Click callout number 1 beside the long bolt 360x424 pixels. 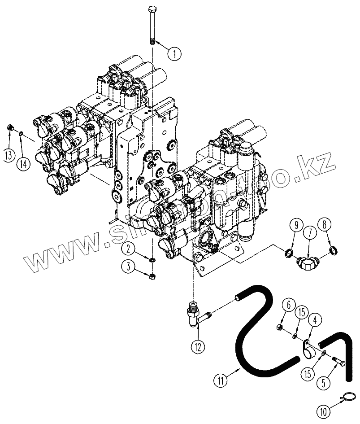click(174, 53)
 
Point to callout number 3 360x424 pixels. click(128, 267)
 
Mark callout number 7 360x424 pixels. click(309, 233)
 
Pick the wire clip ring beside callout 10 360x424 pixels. click(348, 397)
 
